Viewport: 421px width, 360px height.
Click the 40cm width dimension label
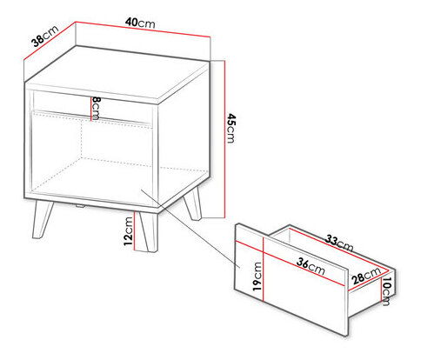coord(140,23)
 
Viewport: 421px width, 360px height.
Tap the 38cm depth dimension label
coord(45,36)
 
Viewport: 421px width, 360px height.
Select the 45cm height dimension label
coord(231,129)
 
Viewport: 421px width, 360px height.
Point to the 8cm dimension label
coord(96,109)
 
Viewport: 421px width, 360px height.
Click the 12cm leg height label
coord(128,231)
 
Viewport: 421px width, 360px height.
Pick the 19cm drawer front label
coord(257,277)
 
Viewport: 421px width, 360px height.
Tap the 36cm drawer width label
coord(311,266)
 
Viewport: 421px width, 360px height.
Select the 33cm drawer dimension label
coord(339,243)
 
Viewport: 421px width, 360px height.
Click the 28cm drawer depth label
coord(366,276)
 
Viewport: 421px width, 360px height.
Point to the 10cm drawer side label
coord(386,291)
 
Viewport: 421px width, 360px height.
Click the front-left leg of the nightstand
coord(42,219)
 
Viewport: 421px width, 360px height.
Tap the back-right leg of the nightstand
coord(192,203)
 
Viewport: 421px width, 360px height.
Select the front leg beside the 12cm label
coord(148,231)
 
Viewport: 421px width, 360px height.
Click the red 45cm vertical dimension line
coord(224,139)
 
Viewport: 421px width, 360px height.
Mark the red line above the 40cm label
coord(143,30)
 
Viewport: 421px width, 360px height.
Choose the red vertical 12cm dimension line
coord(135,230)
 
